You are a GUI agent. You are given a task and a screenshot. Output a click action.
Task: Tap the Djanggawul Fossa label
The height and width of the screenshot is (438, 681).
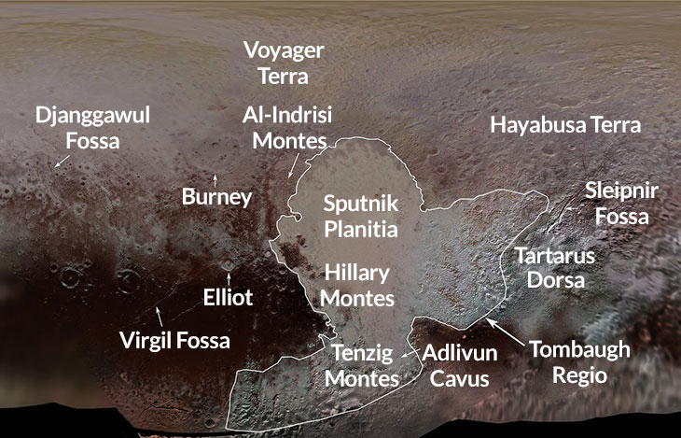[91, 128]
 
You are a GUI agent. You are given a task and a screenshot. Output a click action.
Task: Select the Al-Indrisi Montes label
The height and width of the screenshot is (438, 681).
[286, 128]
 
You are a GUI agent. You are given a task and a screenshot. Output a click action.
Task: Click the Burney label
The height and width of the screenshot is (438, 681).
[216, 197]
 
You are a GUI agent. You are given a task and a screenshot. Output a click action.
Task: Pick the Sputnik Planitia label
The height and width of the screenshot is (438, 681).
[360, 215]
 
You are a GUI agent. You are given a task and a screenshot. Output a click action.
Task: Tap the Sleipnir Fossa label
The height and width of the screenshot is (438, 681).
[621, 203]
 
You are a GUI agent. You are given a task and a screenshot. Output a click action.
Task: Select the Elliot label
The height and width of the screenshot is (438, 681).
[229, 298]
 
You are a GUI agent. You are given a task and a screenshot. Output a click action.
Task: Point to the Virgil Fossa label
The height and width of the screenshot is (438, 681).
[175, 340]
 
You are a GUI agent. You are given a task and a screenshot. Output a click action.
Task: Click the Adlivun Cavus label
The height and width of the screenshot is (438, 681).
[460, 366]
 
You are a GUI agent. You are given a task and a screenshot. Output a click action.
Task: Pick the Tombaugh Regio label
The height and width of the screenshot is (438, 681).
[579, 362]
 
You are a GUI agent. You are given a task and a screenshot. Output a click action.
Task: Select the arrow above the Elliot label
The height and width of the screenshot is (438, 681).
[229, 279]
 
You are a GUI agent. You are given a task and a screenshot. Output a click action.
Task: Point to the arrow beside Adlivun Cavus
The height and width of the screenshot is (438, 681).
[409, 354]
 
